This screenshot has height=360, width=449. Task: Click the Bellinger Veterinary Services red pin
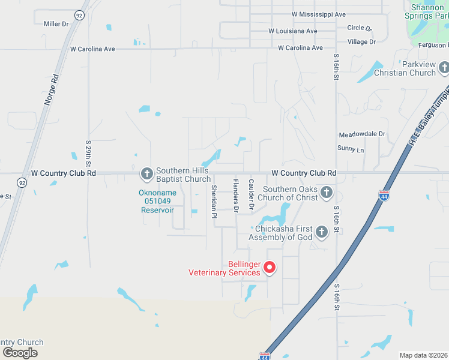[x=270, y=267]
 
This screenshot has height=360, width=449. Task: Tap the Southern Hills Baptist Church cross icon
[x=146, y=174]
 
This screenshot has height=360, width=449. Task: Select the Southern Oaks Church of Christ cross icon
[x=326, y=193]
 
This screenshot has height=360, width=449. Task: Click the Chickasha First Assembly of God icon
[x=322, y=232]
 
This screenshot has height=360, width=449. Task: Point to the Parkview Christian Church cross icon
[x=443, y=68]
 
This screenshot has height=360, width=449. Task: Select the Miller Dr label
[x=56, y=23]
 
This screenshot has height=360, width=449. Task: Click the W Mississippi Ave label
[x=319, y=14]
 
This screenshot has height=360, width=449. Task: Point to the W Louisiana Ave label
[x=293, y=31]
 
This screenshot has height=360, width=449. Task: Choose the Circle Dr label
[x=360, y=28]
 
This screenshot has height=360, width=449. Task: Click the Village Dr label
[x=361, y=41]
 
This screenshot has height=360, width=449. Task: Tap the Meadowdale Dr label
[x=362, y=134]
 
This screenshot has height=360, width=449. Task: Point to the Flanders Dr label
[x=236, y=195]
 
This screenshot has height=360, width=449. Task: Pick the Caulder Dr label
[x=252, y=195]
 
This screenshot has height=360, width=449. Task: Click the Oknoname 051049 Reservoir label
[x=157, y=201]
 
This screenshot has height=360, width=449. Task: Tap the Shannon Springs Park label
[x=428, y=12]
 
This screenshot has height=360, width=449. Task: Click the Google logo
[x=20, y=353]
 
